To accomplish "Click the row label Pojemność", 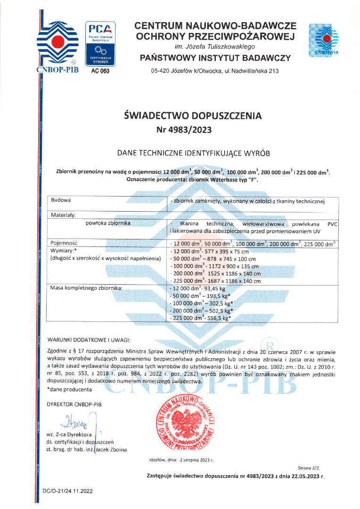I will point(65,243).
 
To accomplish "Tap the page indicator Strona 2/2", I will point(309,468).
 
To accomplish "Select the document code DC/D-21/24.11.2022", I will point(68,491).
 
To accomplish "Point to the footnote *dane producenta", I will point(69,389).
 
